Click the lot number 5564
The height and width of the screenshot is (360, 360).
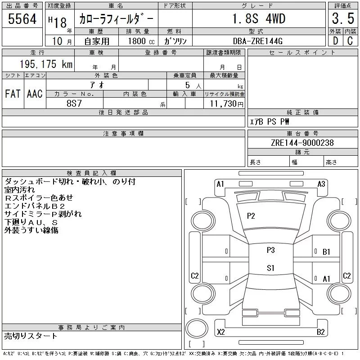coord(22,19)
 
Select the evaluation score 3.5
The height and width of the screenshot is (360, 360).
coord(343,18)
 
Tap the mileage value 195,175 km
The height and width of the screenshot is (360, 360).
coord(46,64)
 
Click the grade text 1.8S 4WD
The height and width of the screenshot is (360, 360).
coord(259,18)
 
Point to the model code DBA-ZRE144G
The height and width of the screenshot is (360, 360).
coord(257,41)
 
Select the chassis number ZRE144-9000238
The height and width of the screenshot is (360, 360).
coord(302,143)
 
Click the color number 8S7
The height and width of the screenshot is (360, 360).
coord(74,103)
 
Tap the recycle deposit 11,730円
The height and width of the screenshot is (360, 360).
coord(227,104)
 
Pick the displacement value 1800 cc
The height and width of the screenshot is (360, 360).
coord(141,41)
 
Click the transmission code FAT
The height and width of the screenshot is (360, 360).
coord(13,94)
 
